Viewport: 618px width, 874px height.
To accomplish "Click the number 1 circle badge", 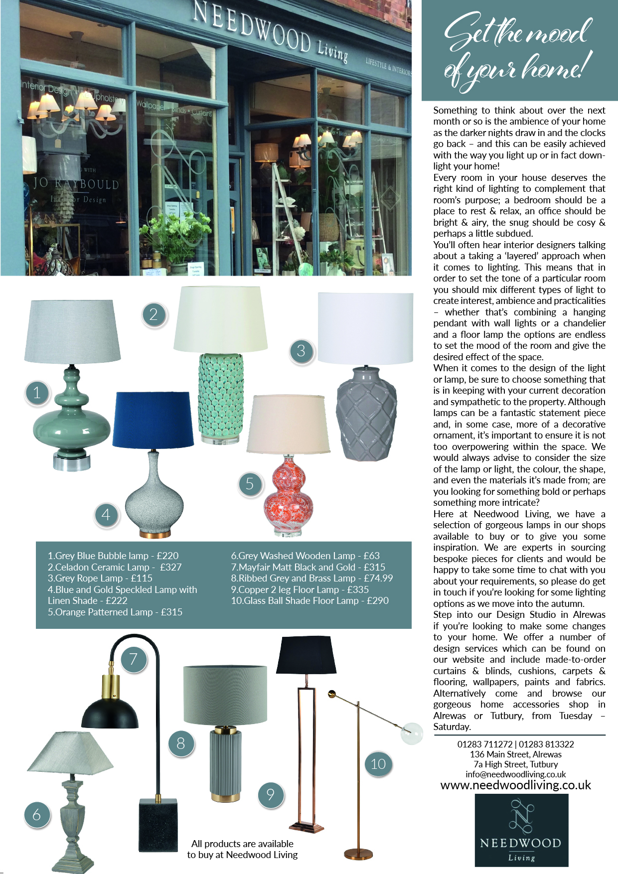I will (x=36, y=393).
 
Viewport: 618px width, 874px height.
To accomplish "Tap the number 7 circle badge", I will (x=133, y=659).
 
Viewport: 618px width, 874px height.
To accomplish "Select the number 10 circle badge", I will (x=378, y=763).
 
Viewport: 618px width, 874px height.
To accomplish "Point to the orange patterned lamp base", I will (x=289, y=498).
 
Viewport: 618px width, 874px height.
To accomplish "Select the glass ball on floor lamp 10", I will (x=412, y=733).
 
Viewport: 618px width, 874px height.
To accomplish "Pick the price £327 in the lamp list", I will (x=171, y=567).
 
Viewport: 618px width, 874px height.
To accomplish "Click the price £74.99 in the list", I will (x=378, y=578).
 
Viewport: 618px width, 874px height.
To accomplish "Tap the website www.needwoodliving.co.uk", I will (x=515, y=785).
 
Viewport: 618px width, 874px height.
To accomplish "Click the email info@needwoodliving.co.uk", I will (x=515, y=774).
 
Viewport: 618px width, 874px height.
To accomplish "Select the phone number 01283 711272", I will (x=484, y=744).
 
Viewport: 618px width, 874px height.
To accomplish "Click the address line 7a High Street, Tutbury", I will (x=515, y=764).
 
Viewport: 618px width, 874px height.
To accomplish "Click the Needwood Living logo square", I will (x=521, y=830).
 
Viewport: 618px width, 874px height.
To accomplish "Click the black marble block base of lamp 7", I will (x=158, y=824).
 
